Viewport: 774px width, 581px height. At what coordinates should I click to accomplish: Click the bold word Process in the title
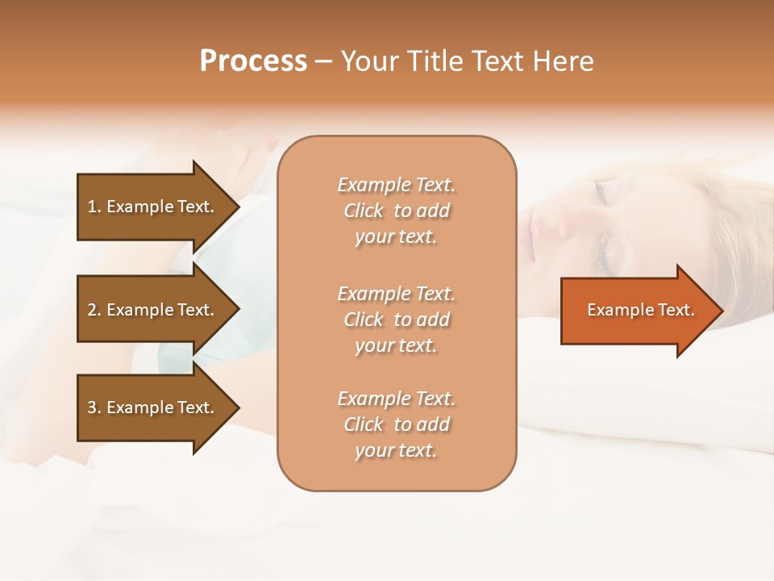253,61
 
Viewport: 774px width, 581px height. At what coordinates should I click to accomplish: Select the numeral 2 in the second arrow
92,310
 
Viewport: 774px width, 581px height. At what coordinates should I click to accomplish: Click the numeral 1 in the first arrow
92,207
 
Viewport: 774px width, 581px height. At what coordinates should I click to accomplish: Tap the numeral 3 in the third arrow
92,408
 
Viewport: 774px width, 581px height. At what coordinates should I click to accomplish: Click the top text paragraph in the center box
396,211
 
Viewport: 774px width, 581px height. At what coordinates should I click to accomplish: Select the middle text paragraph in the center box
396,320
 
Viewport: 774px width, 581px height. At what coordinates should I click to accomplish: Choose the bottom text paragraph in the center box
396,424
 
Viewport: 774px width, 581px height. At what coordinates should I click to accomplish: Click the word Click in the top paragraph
364,211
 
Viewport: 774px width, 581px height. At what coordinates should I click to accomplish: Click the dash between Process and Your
323,62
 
